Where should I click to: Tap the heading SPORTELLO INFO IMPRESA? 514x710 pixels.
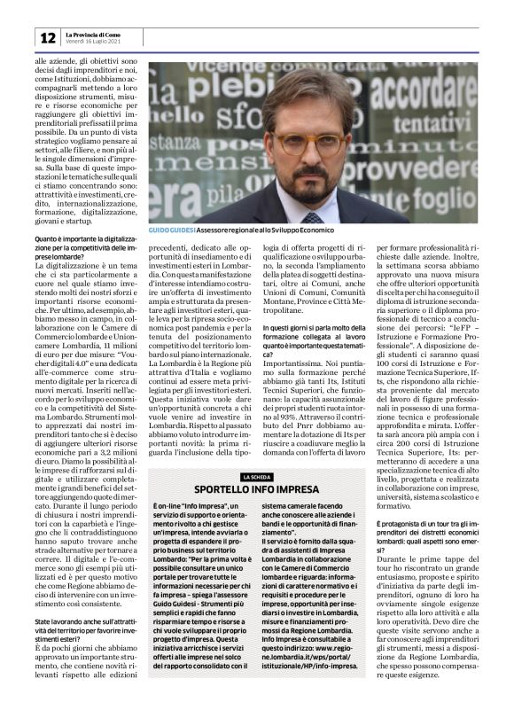pyautogui.click(x=255, y=488)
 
